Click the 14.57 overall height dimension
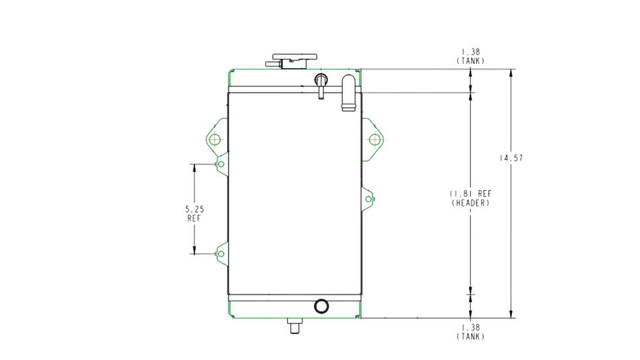coord(511,158)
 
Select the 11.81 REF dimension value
coord(471,193)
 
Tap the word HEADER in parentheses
coord(471,203)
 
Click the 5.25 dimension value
coord(194,209)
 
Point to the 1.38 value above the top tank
coord(471,52)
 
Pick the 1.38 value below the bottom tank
coord(471,328)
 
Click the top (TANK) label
coord(471,61)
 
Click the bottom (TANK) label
coord(471,336)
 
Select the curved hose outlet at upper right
coord(348,92)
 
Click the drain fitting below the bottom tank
coord(294,326)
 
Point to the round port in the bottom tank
coord(321,306)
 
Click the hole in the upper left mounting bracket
coord(215,140)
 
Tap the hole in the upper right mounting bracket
coord(375,140)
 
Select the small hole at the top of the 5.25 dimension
coord(221,164)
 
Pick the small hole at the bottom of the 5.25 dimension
coord(221,253)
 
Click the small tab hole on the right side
coord(368,199)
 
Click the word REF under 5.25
coord(194,218)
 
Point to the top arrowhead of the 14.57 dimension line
coord(511,69)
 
